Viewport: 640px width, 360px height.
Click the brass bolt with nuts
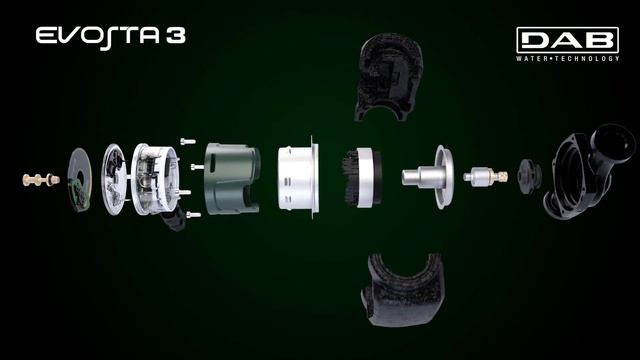[x=41, y=179]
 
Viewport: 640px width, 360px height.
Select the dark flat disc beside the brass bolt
[x=79, y=180]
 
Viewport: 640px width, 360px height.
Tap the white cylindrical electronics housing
[x=155, y=179]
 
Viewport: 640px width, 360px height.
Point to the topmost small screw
[x=188, y=142]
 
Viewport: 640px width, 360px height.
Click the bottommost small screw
[x=193, y=214]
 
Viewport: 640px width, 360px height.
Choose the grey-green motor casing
[x=232, y=178]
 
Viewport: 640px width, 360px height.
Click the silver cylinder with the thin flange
[x=298, y=178]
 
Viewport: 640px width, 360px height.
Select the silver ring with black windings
[x=362, y=178]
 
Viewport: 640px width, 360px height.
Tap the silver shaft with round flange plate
[x=428, y=177]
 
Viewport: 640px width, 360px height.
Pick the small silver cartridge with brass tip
[x=485, y=177]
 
